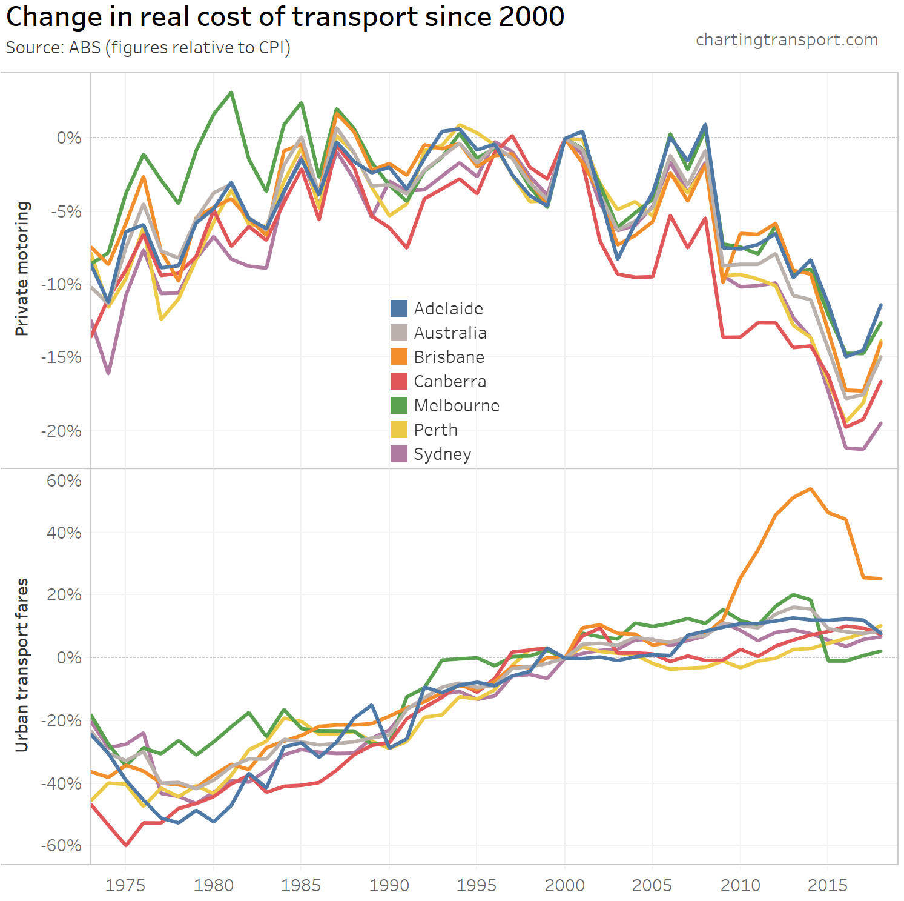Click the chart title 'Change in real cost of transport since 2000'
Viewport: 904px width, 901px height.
pos(285,17)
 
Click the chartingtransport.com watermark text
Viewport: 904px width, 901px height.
pos(787,40)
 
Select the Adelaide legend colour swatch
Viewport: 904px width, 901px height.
pos(399,308)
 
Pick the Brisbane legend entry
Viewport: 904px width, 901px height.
pos(449,357)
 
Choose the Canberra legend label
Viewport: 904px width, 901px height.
pos(450,381)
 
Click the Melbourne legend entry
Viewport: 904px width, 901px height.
pos(457,405)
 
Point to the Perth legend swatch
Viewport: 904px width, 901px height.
pos(399,430)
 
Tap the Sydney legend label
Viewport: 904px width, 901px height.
pos(443,454)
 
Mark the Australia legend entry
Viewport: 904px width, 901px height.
pos(450,333)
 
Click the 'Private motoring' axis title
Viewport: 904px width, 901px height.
pos(22,268)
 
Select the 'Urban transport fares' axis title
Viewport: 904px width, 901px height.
pos(22,665)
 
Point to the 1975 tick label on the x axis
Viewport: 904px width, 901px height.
pos(125,885)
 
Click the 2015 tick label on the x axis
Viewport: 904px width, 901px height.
pos(828,885)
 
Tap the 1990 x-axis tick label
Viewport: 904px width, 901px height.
pos(389,885)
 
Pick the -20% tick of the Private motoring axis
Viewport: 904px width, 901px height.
pos(61,431)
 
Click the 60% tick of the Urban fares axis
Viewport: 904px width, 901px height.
pos(64,481)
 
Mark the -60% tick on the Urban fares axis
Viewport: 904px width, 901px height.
pos(61,845)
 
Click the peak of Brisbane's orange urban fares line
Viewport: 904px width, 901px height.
pos(811,488)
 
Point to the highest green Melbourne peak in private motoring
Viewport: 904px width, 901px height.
pos(231,93)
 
